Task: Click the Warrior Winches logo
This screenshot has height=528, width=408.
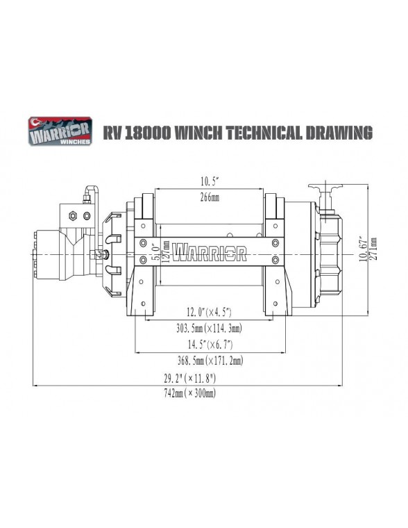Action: (60, 131)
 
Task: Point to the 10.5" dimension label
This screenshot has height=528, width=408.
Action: (210, 182)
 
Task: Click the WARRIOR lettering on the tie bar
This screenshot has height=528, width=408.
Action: (210, 252)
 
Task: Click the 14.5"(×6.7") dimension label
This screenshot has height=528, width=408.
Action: (210, 345)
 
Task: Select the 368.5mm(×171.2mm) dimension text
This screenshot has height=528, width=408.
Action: (210, 361)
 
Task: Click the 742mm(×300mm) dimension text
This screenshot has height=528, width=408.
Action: (189, 394)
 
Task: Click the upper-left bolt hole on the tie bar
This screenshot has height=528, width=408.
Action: (143, 244)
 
